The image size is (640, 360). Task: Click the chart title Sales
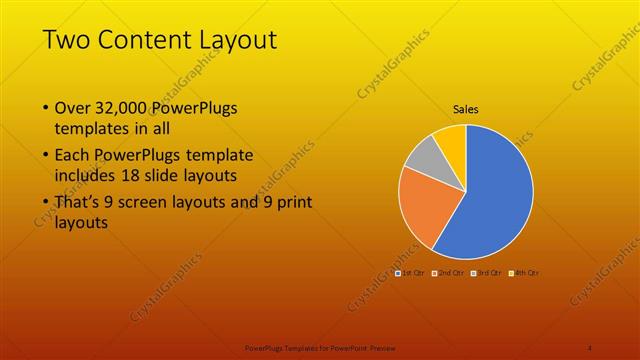466,109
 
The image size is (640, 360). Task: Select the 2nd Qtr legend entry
448,272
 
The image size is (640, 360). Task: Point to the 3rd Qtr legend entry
486,272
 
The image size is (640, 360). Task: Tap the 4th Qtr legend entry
524,272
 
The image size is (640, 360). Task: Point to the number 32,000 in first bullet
124,107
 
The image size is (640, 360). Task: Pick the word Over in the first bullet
73,107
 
